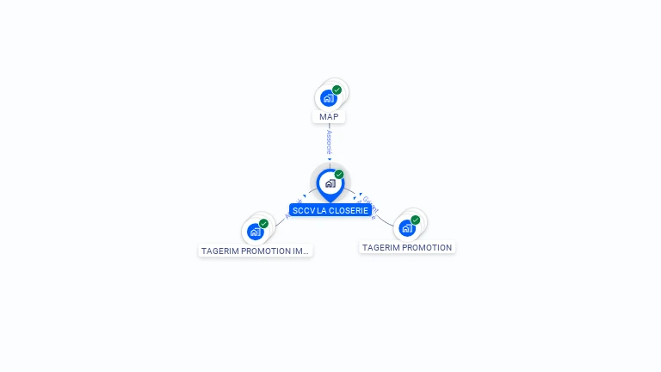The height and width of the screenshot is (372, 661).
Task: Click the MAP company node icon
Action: click(x=328, y=98)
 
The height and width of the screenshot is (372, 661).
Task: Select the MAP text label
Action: click(x=329, y=117)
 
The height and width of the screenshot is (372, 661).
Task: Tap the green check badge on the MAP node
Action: click(x=337, y=90)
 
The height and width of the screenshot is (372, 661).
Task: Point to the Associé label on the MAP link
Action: click(x=330, y=142)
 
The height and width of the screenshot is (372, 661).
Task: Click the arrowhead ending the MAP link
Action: click(x=330, y=159)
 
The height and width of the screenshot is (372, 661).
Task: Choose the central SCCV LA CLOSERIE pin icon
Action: click(x=330, y=183)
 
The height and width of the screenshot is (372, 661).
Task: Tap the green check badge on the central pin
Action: click(x=339, y=174)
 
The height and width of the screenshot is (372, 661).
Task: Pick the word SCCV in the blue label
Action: click(x=303, y=210)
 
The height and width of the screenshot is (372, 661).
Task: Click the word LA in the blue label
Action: click(x=321, y=210)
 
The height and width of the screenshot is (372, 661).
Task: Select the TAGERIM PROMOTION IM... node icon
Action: click(x=255, y=232)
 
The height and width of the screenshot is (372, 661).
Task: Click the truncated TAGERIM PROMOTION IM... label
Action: click(x=255, y=251)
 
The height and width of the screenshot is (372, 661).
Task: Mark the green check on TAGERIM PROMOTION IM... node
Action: click(x=263, y=224)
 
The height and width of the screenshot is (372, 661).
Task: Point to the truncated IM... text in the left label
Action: click(x=300, y=251)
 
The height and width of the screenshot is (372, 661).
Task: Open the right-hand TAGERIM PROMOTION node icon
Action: click(x=406, y=228)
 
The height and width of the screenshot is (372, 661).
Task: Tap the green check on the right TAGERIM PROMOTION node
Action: click(x=415, y=220)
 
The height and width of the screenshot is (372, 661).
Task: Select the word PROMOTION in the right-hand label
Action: click(x=428, y=248)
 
